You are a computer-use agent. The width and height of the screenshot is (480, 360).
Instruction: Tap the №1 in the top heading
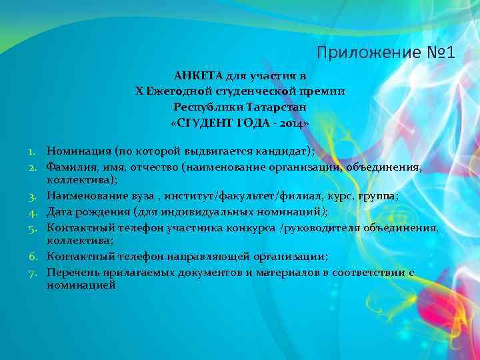435,52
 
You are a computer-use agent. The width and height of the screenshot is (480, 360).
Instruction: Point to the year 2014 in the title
288,123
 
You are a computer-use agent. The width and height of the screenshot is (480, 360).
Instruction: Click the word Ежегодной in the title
177,91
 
